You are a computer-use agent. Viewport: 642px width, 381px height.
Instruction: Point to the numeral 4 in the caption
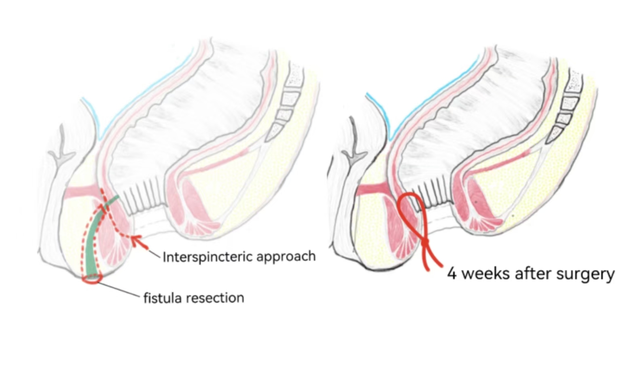[x=452, y=274]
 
